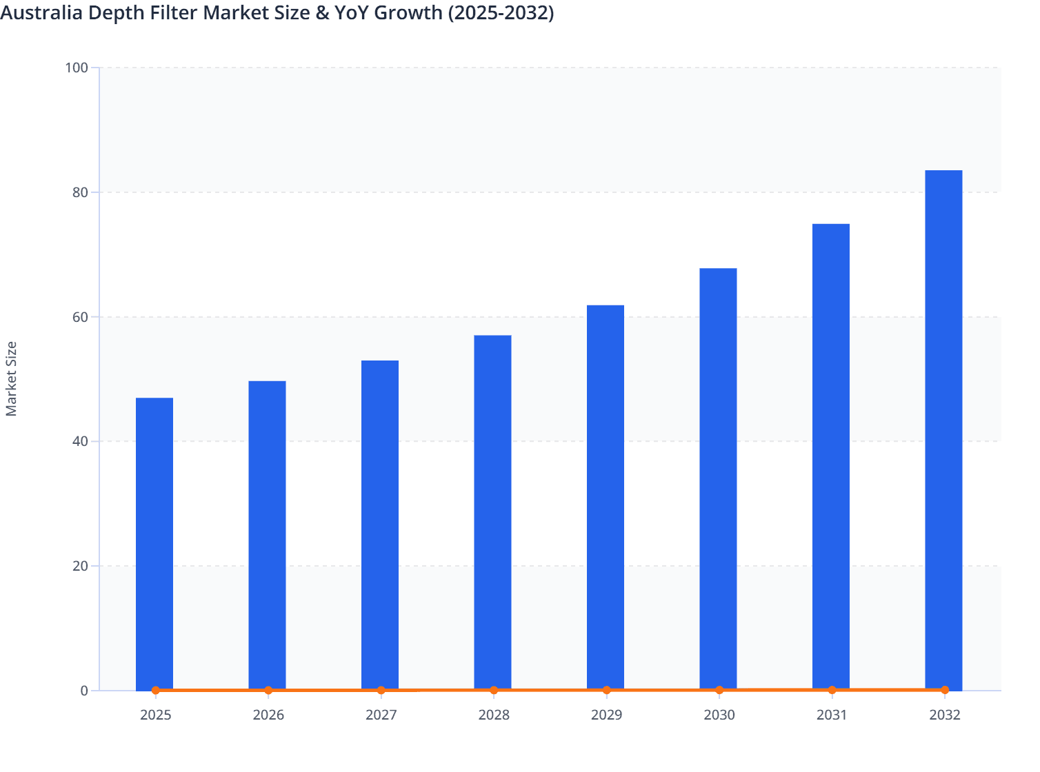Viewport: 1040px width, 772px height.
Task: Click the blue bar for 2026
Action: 267,535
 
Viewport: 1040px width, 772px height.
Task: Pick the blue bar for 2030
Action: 718,478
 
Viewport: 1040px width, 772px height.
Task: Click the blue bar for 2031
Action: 831,456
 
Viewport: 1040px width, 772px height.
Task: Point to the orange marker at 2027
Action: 381,690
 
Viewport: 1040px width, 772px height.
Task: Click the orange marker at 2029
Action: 606,690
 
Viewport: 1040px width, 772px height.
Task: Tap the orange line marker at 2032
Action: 944,690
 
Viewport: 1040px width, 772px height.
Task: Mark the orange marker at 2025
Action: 156,690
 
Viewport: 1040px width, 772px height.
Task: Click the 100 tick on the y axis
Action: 77,68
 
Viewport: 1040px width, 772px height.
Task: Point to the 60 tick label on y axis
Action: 80,317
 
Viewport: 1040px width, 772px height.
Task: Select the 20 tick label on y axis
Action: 80,566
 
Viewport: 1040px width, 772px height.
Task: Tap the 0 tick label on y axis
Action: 84,691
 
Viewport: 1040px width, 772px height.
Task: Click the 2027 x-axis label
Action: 381,715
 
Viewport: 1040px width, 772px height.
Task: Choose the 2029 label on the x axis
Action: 606,715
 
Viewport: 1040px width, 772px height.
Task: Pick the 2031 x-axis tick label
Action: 832,715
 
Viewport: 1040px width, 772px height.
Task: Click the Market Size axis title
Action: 12,378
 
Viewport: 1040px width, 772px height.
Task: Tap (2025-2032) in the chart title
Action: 501,12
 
